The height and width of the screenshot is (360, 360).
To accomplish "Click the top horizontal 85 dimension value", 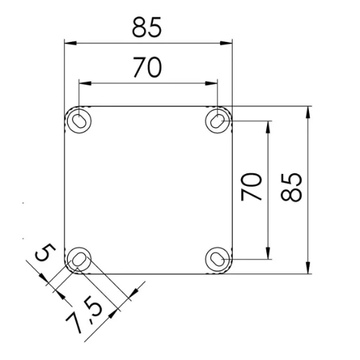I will pos(147,27).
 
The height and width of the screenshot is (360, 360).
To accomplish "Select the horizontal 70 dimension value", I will pos(147,67).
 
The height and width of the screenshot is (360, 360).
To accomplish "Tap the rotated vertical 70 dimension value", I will pos(252,187).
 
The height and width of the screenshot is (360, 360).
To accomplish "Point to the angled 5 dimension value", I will pos(43,253).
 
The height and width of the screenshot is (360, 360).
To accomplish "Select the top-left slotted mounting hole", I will pos(79,120).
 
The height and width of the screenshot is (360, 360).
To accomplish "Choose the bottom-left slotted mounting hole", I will pos(79,260).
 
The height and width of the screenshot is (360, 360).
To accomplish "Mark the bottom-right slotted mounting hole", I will pos(218,259).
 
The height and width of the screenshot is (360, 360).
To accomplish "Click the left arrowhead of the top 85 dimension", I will pos(67,43).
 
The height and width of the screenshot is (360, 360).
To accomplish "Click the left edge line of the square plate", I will pos(64,189).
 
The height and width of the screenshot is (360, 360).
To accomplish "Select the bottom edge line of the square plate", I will pos(148,273).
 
